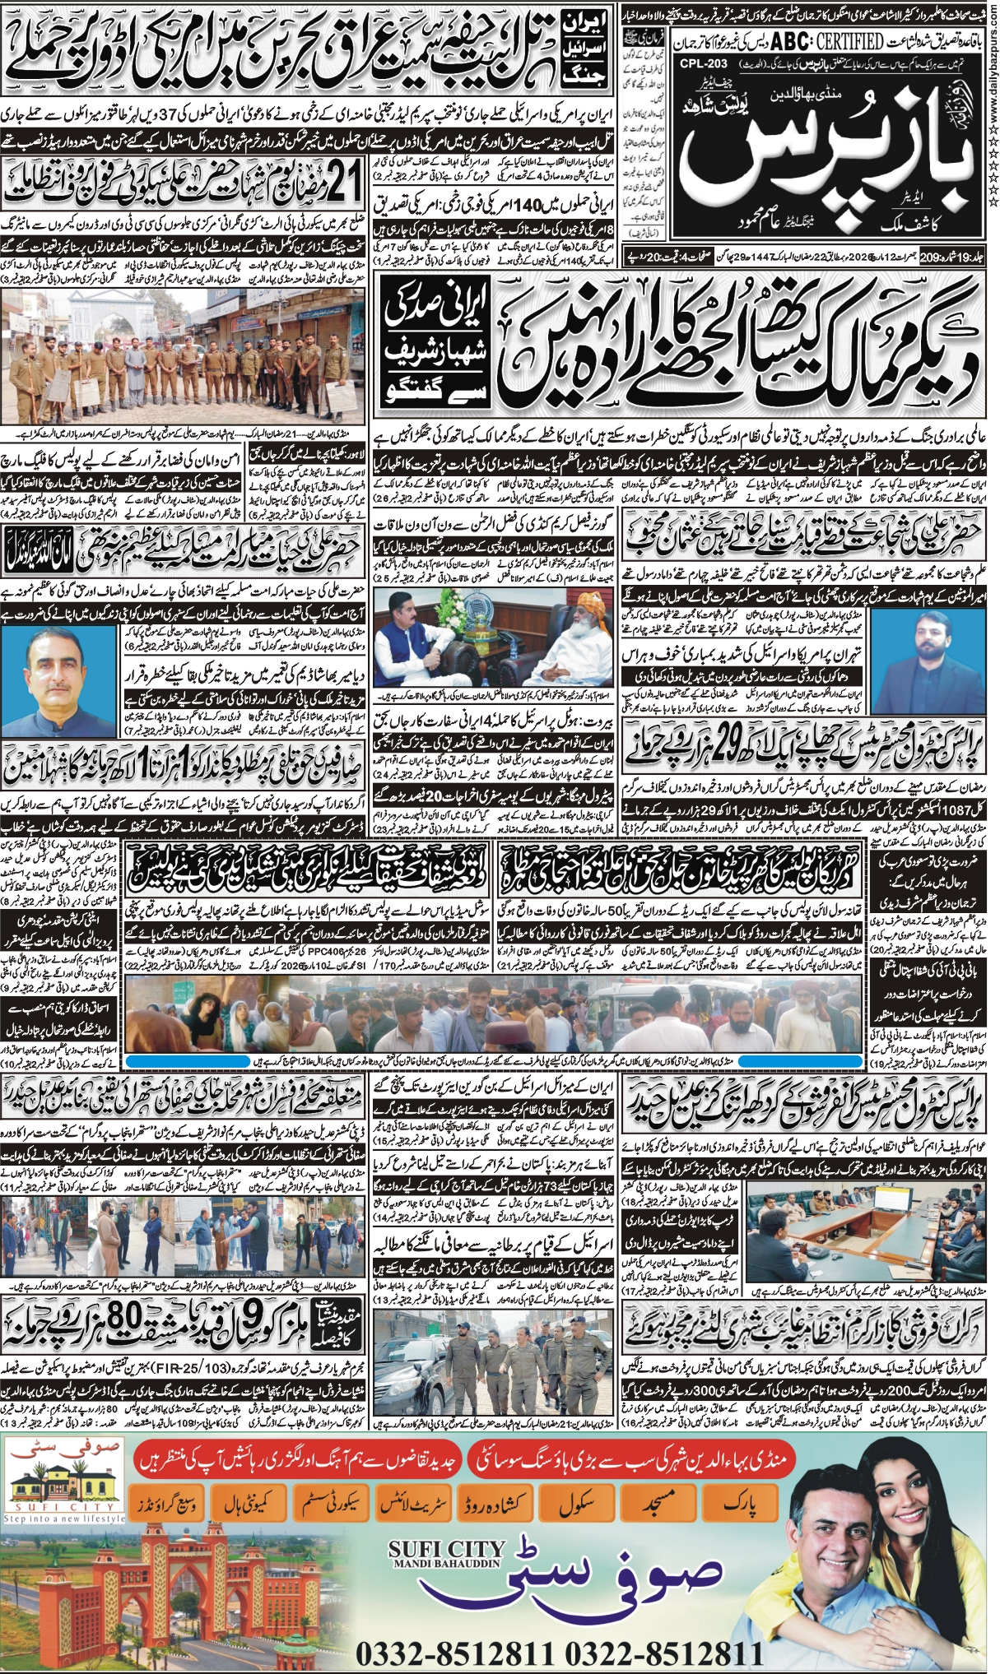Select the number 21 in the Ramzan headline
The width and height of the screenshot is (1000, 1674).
[x=344, y=185]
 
